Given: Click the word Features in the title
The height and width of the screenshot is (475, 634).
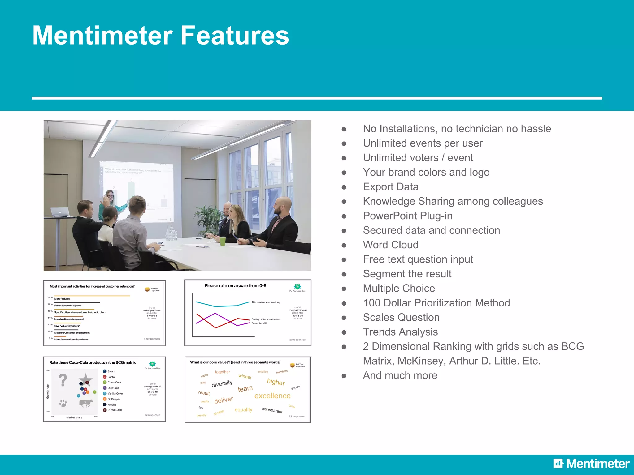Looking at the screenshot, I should [x=234, y=36].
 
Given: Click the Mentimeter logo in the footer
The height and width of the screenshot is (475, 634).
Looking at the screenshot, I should [x=591, y=464].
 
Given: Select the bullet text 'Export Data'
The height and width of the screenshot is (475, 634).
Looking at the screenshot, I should [x=390, y=187].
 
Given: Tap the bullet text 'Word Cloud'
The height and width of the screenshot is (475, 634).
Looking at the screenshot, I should [x=390, y=245].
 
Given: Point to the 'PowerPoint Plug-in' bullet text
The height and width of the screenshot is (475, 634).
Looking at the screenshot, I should [x=407, y=216].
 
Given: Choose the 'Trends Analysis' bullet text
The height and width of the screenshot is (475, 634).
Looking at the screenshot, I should [x=400, y=332].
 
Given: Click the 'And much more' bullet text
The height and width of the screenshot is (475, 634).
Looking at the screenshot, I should [x=400, y=375].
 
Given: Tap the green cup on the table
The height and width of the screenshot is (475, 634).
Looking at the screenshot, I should [x=223, y=241].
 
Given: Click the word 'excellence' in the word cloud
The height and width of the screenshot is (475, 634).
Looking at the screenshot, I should [x=272, y=396].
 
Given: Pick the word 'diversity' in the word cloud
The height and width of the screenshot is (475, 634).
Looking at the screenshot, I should [x=222, y=384].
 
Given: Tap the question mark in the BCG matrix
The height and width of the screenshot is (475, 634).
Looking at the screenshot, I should [x=63, y=380].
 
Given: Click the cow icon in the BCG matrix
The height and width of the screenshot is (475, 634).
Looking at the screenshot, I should [x=86, y=403].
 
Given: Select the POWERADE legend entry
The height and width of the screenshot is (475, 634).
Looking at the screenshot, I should [x=115, y=410].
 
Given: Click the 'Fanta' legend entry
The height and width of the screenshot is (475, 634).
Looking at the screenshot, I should [x=111, y=377].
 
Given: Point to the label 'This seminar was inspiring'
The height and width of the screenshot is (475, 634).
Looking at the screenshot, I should [x=266, y=302].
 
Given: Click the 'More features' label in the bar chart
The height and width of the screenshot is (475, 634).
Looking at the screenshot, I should [x=62, y=299].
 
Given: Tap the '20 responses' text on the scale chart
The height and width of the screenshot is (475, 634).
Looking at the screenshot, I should [x=297, y=340].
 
